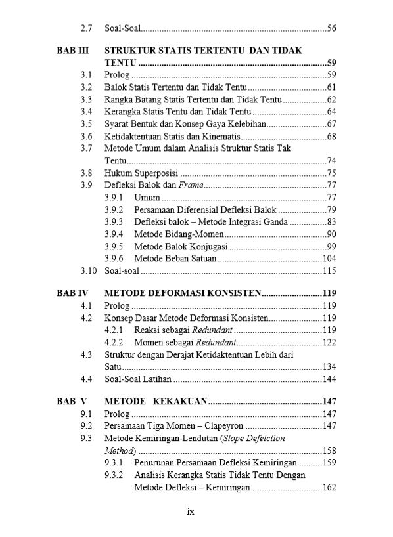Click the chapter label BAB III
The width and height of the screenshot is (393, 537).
[72, 50]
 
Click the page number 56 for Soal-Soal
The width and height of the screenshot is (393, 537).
[332, 28]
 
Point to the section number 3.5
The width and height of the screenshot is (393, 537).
[86, 123]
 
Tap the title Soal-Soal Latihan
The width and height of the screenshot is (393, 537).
[138, 379]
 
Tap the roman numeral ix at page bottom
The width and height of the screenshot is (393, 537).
[191, 511]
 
